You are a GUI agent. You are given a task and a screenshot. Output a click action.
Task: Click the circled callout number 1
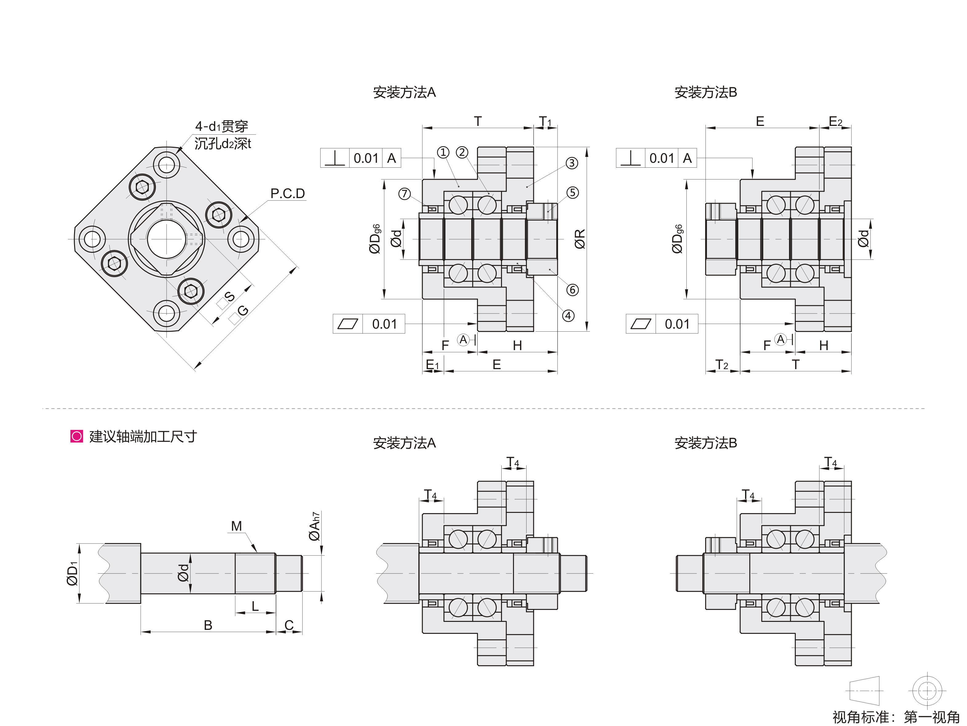click(443, 152)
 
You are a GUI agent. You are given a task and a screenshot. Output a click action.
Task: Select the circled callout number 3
click(572, 163)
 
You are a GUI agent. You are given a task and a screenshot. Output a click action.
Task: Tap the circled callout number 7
click(405, 193)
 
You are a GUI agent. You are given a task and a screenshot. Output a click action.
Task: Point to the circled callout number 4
click(568, 316)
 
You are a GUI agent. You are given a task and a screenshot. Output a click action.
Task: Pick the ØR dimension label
click(580, 239)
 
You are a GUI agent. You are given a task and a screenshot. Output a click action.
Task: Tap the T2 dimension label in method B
click(722, 365)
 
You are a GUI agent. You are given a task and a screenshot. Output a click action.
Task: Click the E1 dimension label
click(432, 365)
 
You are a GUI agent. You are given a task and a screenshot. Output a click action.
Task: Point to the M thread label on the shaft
click(236, 526)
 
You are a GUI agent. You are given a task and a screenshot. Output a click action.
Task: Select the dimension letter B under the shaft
click(208, 625)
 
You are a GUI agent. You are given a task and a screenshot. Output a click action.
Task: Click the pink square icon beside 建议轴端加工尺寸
click(77, 436)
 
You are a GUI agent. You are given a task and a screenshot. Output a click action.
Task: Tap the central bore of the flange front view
click(166, 239)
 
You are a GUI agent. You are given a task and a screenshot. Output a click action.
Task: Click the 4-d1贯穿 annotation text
click(222, 126)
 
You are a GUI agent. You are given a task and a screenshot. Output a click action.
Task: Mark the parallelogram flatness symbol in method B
click(641, 324)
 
